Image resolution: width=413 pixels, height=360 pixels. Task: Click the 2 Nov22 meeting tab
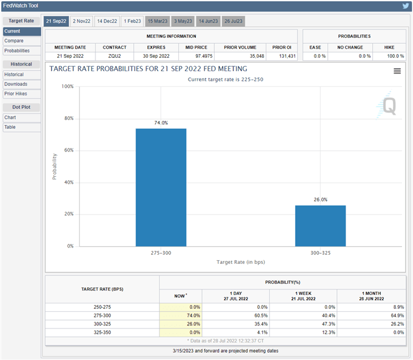click(82, 21)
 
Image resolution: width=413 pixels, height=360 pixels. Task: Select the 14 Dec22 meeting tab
click(107, 21)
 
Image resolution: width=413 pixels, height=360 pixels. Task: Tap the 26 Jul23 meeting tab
click(234, 21)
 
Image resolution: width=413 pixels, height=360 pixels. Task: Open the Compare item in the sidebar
click(13, 41)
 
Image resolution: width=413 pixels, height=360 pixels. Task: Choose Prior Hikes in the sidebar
click(16, 94)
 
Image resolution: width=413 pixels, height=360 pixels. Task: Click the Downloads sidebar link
click(16, 84)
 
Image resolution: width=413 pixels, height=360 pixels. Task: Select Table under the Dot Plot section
click(10, 127)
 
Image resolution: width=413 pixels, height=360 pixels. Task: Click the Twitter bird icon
click(406, 6)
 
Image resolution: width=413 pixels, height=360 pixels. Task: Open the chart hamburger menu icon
click(397, 71)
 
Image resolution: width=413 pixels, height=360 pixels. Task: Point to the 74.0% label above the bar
click(161, 123)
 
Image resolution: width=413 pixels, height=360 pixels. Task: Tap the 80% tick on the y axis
click(69, 119)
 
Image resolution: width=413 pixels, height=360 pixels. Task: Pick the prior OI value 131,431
click(283, 56)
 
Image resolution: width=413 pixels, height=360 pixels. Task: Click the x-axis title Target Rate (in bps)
click(240, 262)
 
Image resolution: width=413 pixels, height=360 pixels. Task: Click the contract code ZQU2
click(115, 56)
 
